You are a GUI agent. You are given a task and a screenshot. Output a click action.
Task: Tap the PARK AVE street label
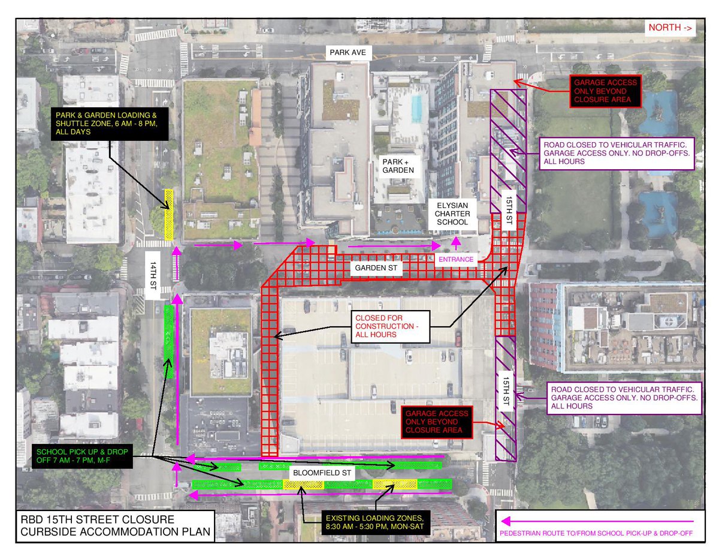[348, 53]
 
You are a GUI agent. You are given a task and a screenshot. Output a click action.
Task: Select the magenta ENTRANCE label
[457, 260]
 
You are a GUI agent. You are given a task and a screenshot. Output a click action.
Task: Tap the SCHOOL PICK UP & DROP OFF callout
[81, 458]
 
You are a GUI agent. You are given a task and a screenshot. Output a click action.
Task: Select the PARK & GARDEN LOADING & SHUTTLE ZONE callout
[91, 125]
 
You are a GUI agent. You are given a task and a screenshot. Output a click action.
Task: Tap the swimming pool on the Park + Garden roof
[416, 109]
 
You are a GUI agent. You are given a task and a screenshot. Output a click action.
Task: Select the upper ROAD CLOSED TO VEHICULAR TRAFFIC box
[617, 153]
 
